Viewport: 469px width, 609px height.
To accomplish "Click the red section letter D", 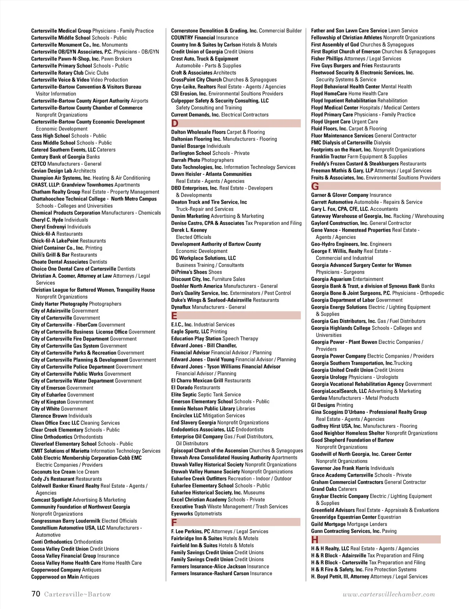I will coord(175,124).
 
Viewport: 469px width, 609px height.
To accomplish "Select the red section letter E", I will coord(174,316).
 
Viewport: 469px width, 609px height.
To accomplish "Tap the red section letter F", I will coord(174,523).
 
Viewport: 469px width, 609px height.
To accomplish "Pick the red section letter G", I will coord(315,186).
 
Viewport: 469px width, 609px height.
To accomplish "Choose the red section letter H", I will coord(315,540).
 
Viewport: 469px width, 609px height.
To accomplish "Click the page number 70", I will coord(36,594).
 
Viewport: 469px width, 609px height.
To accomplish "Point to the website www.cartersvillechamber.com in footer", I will coord(388,594).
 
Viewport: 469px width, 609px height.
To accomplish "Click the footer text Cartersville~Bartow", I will coord(77,594).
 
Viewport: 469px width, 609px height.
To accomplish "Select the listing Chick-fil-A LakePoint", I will coord(68,241).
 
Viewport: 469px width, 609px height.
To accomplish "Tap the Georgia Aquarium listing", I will coord(347,279).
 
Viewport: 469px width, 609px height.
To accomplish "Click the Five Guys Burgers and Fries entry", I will coord(355,66).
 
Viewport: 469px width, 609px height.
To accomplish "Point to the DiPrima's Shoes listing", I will coord(196,272).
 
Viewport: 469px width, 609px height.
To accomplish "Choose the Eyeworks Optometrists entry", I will coord(196,514).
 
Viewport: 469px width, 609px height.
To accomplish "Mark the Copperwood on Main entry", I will coord(65,577).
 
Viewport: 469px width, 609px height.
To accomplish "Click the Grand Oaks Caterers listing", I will coord(334,489).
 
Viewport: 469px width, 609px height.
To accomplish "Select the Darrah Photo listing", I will coord(202,160).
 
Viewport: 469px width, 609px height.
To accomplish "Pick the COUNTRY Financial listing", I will coord(204,38).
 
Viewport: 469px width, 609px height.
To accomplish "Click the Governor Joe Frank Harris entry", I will coord(352,468).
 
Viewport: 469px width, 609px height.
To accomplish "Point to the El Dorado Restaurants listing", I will coord(195,387).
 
